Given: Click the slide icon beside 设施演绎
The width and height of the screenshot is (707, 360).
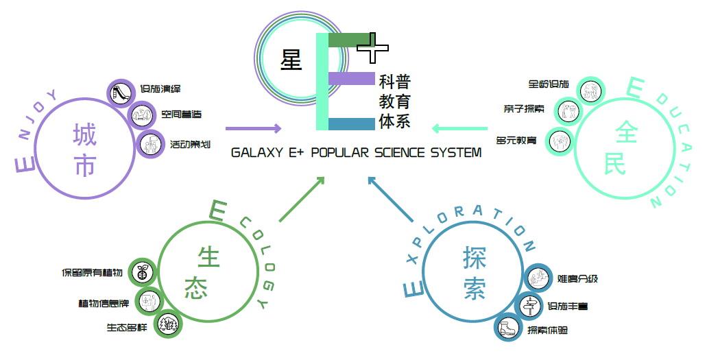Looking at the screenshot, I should click(119, 91).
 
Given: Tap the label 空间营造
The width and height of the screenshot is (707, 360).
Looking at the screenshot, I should click(181, 115).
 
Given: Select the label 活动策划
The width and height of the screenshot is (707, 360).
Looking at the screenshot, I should click(190, 145).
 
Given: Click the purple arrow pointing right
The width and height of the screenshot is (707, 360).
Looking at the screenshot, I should click(253, 128).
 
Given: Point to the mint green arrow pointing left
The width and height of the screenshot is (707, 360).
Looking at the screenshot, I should click(459, 128).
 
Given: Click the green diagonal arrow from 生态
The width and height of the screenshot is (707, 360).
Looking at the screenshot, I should click(302, 200).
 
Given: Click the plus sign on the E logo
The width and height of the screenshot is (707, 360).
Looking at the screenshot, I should click(373, 47).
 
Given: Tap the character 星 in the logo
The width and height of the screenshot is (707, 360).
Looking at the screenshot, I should click(291, 60).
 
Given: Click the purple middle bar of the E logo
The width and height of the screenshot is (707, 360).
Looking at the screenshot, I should click(350, 79).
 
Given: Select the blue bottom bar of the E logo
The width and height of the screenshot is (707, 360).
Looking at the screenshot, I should click(351, 124).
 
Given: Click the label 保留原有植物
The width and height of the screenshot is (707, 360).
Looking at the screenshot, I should click(92, 273).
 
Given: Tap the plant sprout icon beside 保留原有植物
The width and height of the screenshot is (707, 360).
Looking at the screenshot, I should click(143, 273).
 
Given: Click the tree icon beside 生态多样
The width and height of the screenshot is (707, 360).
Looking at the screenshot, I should click(167, 325).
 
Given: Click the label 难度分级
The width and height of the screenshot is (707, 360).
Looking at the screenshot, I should click(577, 278).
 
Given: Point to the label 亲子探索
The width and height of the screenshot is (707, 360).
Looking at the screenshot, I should click(525, 108).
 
